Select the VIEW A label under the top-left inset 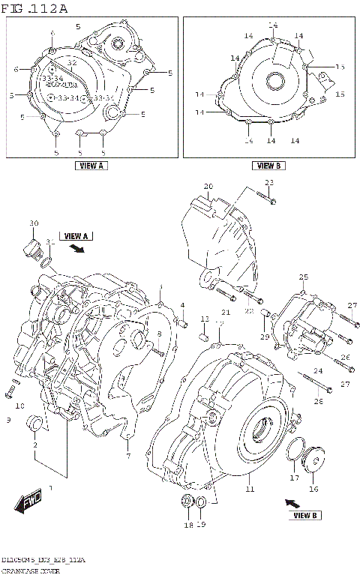[x=91, y=166]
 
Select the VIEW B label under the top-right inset [x=268, y=166]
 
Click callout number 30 [x=33, y=223]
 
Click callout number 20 [x=208, y=186]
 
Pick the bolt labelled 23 [x=265, y=196]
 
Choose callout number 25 [x=304, y=277]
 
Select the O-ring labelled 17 [x=293, y=450]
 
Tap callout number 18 [x=187, y=525]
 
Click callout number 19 [x=200, y=525]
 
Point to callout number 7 [x=128, y=456]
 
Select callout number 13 [x=204, y=319]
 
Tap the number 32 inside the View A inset [x=73, y=63]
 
